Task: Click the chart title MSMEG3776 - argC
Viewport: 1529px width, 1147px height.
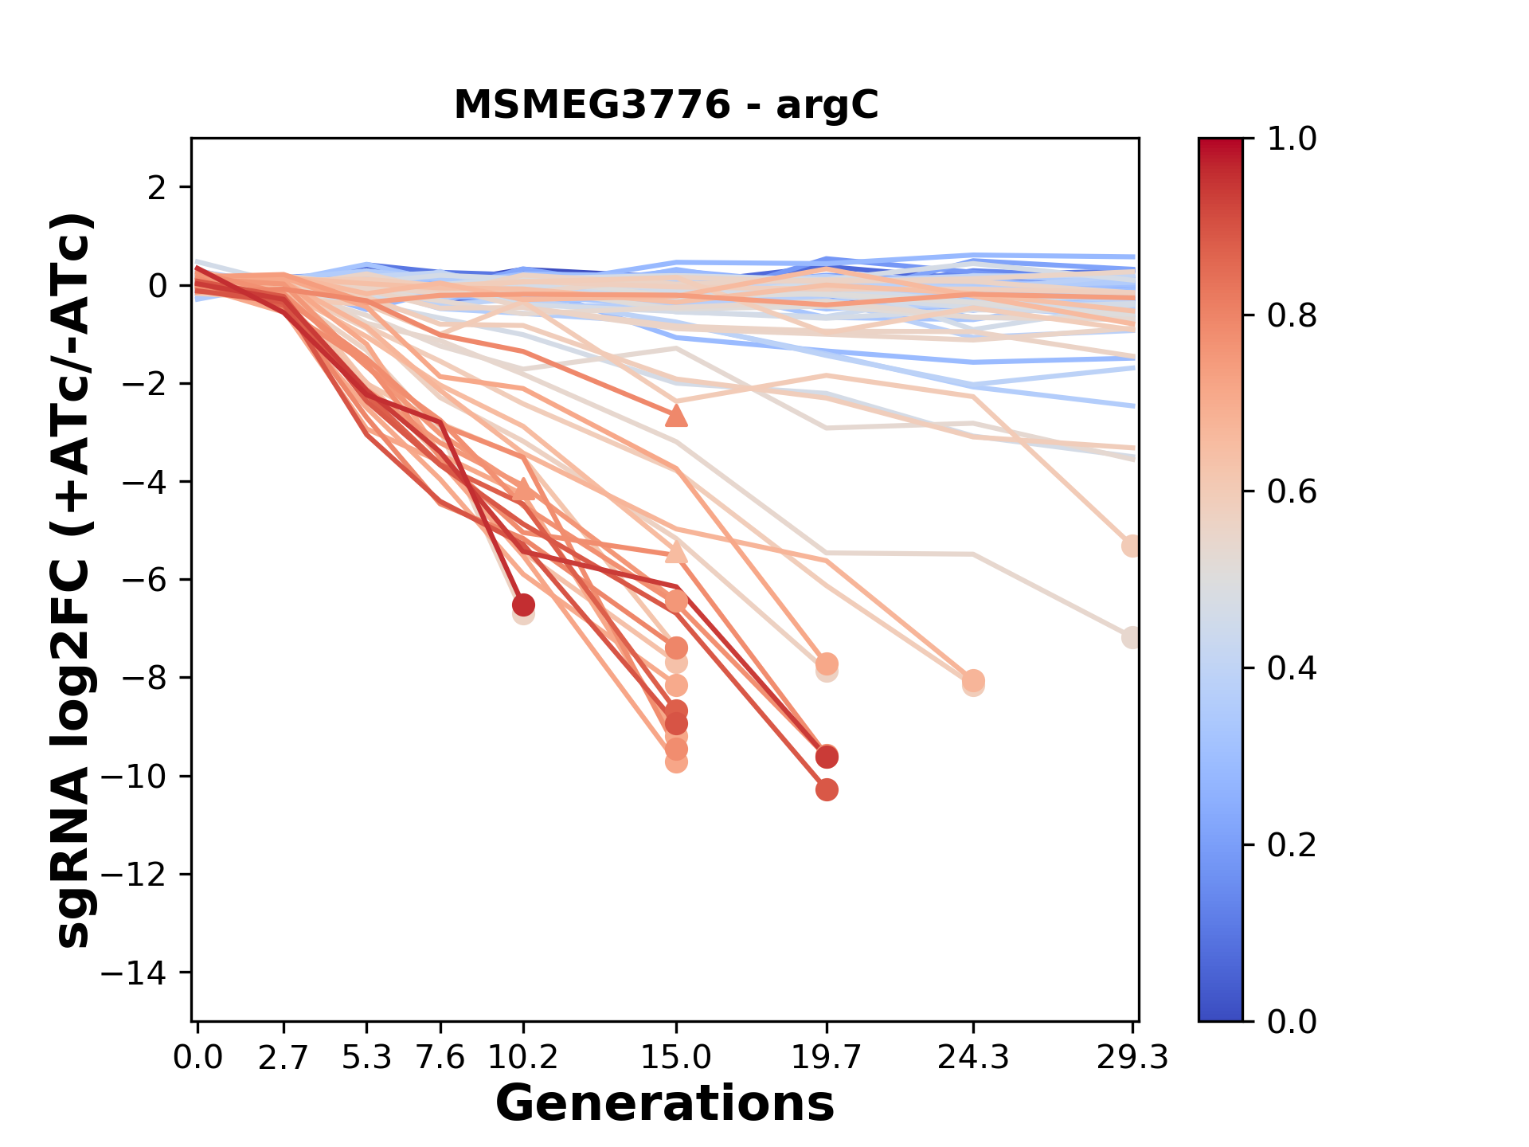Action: tap(666, 105)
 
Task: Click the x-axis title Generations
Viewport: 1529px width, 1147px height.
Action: tap(665, 1104)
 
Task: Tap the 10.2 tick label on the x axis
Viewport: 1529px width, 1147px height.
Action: tap(522, 1058)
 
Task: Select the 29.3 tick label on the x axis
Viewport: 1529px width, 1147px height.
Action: tap(1132, 1058)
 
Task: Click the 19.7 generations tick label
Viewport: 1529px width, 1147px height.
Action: tap(827, 1058)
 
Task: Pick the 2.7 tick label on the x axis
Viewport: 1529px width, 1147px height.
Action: tap(284, 1058)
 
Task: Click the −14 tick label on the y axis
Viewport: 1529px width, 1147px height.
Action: tap(133, 973)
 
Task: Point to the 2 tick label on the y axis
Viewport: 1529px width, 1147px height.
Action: tap(157, 188)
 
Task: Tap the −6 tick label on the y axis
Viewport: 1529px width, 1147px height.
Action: tap(144, 580)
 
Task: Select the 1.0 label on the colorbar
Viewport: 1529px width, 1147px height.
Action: tap(1292, 139)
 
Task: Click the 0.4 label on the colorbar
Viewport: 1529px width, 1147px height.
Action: tap(1292, 668)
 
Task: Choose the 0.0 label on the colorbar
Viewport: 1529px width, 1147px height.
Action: tap(1292, 1021)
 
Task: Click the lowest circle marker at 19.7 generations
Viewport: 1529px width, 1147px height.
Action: tap(827, 789)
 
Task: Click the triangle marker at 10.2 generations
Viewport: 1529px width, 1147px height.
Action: tap(523, 488)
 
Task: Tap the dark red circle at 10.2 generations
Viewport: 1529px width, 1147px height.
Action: tap(523, 605)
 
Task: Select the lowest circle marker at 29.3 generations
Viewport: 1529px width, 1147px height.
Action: tap(1131, 637)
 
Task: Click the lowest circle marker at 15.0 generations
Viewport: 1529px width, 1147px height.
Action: tap(676, 762)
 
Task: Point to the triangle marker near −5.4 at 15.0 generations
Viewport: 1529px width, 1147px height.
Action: tap(676, 551)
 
